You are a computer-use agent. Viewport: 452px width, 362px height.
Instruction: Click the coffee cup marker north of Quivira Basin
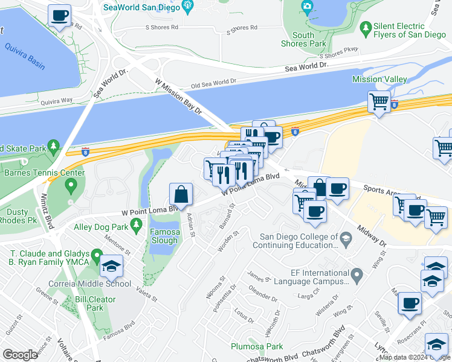click(x=59, y=15)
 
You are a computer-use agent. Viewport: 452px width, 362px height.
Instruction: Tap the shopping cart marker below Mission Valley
click(x=379, y=101)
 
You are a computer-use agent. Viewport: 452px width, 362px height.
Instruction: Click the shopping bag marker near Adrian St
click(x=181, y=194)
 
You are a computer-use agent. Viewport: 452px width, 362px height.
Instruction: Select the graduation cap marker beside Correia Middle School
click(x=111, y=266)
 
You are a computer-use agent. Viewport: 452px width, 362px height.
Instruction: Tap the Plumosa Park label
click(x=257, y=346)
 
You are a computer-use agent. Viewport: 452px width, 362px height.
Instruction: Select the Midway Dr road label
click(x=372, y=233)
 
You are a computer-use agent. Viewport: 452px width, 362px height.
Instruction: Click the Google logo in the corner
click(x=20, y=355)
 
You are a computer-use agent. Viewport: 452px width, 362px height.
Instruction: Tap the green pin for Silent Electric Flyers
click(x=365, y=28)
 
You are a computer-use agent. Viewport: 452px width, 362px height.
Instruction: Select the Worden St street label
click(x=228, y=241)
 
